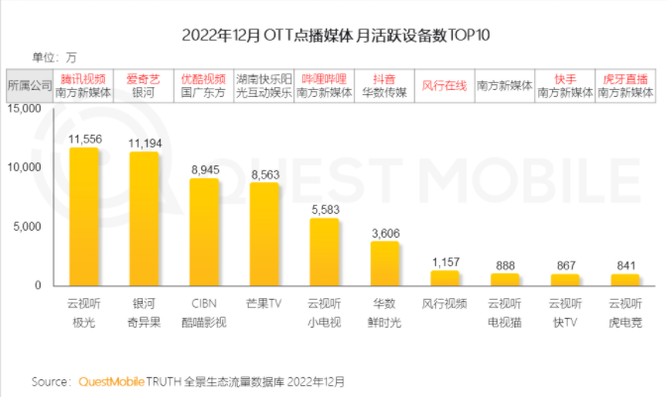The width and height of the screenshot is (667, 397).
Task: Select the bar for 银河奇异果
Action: pyautogui.click(x=145, y=220)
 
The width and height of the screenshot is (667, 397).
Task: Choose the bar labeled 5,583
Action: pyautogui.click(x=325, y=252)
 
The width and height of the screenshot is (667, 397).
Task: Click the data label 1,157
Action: pyautogui.click(x=445, y=261)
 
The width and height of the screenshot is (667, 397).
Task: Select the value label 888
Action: pyautogui.click(x=505, y=264)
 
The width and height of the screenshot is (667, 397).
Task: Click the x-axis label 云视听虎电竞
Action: pyautogui.click(x=625, y=313)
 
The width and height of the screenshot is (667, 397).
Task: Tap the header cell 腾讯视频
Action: pyautogui.click(x=84, y=77)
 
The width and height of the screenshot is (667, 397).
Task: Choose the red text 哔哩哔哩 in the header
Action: pyautogui.click(x=325, y=77)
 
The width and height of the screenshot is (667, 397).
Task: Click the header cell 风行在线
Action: pyautogui.click(x=445, y=84)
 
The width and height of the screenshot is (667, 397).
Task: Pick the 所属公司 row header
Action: pyautogui.click(x=29, y=85)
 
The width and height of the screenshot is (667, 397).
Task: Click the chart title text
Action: pyautogui.click(x=333, y=35)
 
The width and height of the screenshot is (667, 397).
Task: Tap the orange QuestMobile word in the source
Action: pyautogui.click(x=109, y=380)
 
